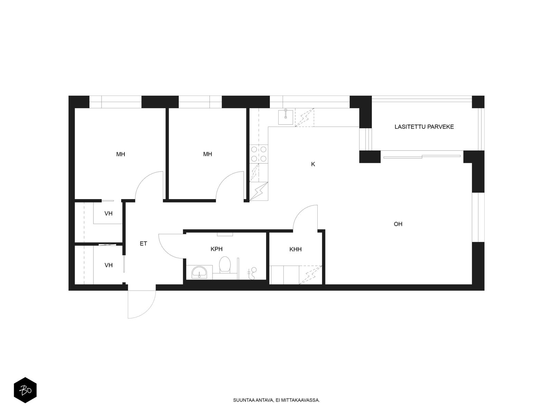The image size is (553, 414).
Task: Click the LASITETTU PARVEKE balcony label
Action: tap(424, 127)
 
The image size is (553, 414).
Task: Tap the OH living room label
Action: tap(398, 224)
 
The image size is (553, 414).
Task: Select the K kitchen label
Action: tap(313, 164)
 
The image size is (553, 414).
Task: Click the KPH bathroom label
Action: tap(216, 249)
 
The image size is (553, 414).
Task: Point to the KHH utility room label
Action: tap(296, 249)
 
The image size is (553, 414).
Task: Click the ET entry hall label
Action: tap(143, 244)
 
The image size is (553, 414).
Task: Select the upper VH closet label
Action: tap(109, 214)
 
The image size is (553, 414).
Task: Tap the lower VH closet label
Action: tap(109, 265)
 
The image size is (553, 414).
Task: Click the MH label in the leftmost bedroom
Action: tap(121, 154)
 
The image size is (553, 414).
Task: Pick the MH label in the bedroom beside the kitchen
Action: tap(207, 154)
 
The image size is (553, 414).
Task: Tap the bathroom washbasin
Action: tap(199, 272)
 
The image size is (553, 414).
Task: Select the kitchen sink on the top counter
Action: tap(286, 116)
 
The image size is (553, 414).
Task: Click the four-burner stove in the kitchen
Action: tap(259, 154)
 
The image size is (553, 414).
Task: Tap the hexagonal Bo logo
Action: tap(25, 391)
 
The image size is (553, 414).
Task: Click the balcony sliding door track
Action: tap(422, 157)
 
